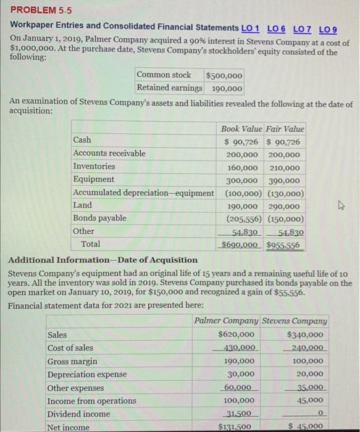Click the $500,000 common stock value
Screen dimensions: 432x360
(224, 75)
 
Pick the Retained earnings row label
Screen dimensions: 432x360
(169, 88)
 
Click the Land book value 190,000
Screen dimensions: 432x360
(241, 206)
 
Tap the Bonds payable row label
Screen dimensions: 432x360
(99, 218)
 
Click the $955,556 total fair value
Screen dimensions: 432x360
(285, 244)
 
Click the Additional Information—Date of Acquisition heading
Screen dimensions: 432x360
(102, 260)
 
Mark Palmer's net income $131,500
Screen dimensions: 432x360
(235, 427)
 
